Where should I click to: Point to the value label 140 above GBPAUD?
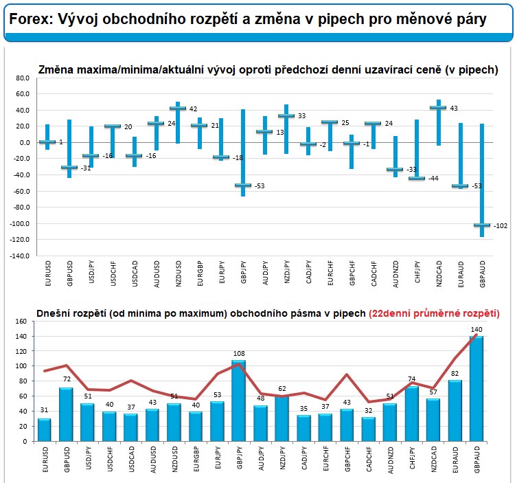(x=477, y=330)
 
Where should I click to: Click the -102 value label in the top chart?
(x=500, y=225)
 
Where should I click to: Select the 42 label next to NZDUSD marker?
(x=194, y=109)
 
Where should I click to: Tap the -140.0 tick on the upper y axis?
(x=20, y=256)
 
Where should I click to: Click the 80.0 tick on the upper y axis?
(x=23, y=78)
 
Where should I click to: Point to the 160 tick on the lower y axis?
(x=21, y=321)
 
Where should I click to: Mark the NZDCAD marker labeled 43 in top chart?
(x=438, y=108)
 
